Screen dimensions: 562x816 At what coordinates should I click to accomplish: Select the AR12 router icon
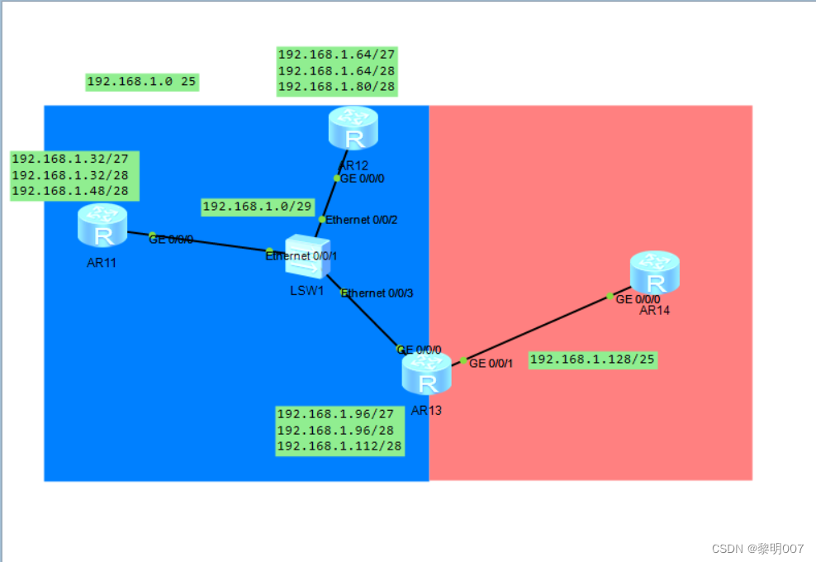pyautogui.click(x=353, y=128)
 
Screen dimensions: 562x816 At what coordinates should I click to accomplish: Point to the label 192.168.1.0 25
pyautogui.click(x=142, y=82)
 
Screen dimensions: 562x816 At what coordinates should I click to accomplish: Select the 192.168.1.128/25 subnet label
pyautogui.click(x=592, y=360)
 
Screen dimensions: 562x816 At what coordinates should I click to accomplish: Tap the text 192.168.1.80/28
pyautogui.click(x=336, y=87)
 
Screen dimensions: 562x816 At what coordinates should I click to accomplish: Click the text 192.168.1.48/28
pyautogui.click(x=74, y=190)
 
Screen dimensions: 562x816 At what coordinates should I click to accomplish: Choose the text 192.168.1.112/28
pyautogui.click(x=339, y=446)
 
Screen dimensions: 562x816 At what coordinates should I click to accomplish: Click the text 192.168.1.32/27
pyautogui.click(x=74, y=159)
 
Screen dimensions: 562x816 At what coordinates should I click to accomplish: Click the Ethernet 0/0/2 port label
pyautogui.click(x=362, y=220)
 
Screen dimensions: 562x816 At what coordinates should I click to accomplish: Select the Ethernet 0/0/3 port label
pyautogui.click(x=377, y=293)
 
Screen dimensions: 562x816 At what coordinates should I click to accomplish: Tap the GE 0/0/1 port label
pyautogui.click(x=491, y=363)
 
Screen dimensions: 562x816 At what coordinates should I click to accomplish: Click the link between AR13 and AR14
pyautogui.click(x=537, y=328)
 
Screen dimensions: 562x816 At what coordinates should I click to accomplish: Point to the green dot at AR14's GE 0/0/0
pyautogui.click(x=610, y=296)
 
